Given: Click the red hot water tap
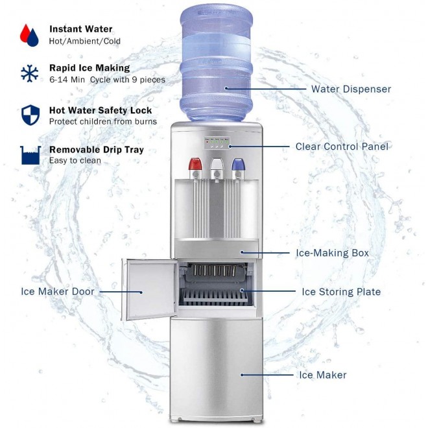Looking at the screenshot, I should pos(193,167).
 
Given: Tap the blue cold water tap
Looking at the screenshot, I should pos(237,167).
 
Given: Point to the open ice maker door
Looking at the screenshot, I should pos(151,290).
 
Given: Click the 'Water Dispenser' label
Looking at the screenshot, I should pos(351,89).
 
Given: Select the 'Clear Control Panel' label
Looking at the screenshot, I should pos(342,147).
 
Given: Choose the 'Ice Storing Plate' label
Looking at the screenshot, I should pos(341,292).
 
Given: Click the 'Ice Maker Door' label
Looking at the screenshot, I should pos(58,292).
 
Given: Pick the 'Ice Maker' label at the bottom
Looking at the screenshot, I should pos(322,375).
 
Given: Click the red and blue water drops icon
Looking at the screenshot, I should pos(29,34).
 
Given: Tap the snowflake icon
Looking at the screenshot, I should pos(29,73).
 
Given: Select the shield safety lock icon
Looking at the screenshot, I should pos(29,114).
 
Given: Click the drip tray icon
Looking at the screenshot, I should pos(29,154).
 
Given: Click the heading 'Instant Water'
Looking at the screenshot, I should pos(80,29).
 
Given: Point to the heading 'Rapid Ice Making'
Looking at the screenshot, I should pos(89,68).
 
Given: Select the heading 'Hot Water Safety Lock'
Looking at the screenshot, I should pos(100,110).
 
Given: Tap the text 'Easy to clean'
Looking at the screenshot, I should pos(75,160).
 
